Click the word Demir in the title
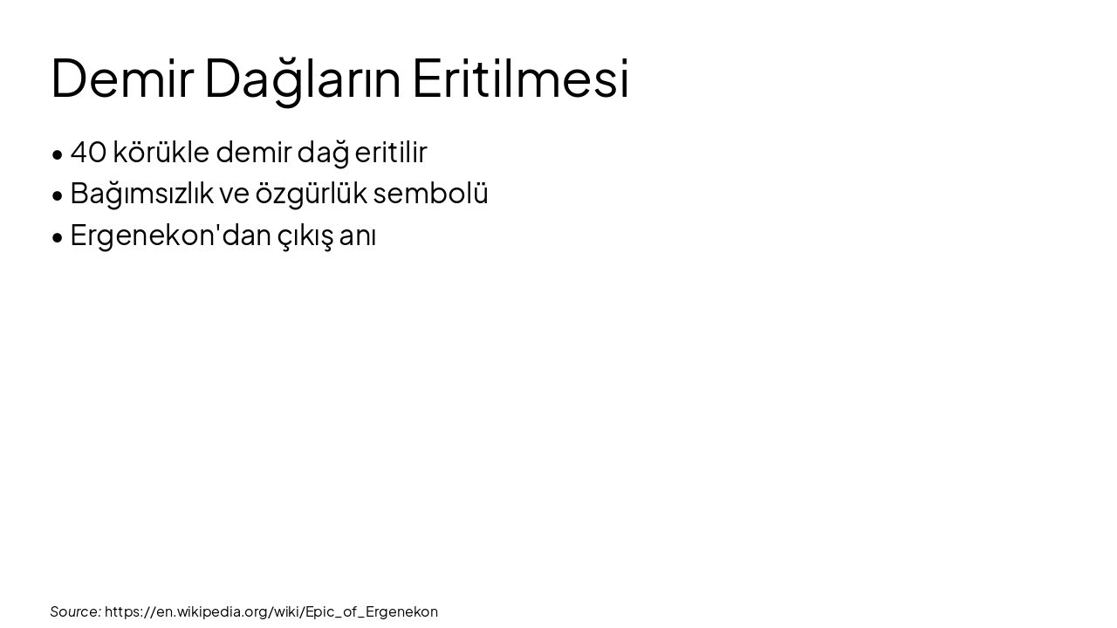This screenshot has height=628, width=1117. coord(121,78)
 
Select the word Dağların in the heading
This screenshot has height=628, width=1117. coord(302,78)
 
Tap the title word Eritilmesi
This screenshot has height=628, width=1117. coord(520,78)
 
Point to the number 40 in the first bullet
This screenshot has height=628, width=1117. coord(88,153)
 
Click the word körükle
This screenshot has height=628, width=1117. coord(161,153)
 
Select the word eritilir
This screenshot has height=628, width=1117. coord(391,153)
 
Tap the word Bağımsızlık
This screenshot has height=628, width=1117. coord(141,194)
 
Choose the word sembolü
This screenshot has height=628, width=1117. coord(430,194)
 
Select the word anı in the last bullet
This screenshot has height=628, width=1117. coord(358,235)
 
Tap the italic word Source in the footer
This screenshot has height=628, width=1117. coord(75,611)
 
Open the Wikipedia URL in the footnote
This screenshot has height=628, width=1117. coord(271,611)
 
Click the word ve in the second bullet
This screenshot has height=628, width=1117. coord(234,194)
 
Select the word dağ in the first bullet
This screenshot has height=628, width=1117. coord(323,153)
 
